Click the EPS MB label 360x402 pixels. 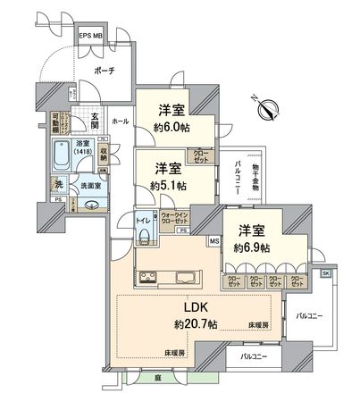tap(91, 36)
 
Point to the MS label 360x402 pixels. tap(214, 241)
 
